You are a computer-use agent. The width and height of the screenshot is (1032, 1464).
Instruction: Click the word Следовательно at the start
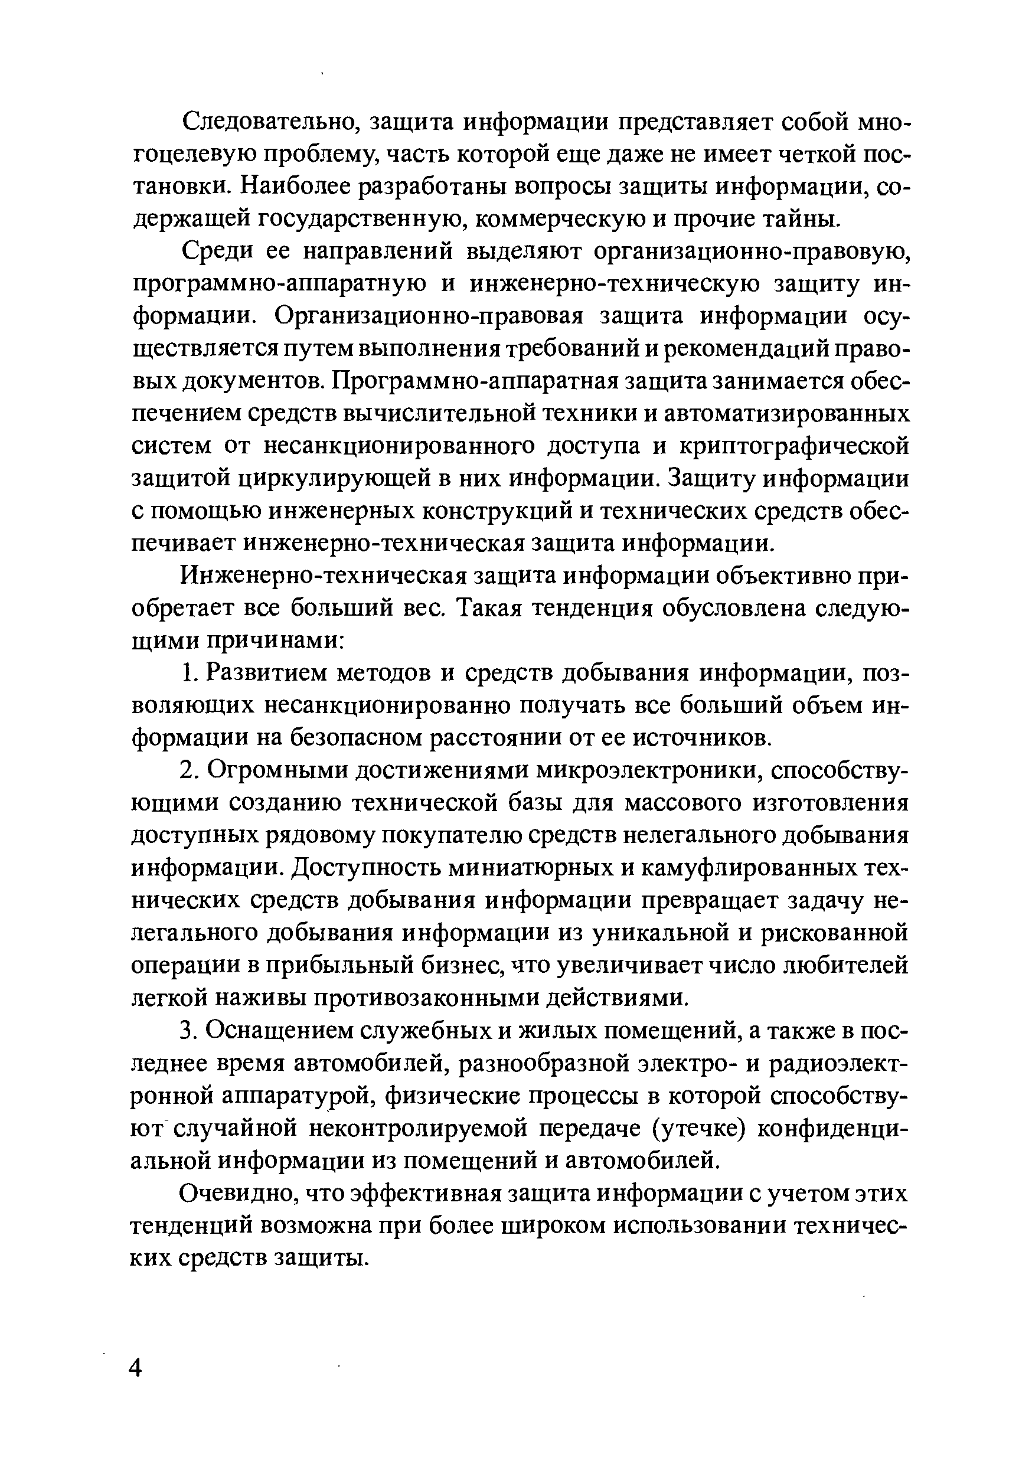pyautogui.click(x=269, y=122)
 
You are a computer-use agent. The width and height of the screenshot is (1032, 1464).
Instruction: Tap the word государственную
pyautogui.click(x=362, y=220)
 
